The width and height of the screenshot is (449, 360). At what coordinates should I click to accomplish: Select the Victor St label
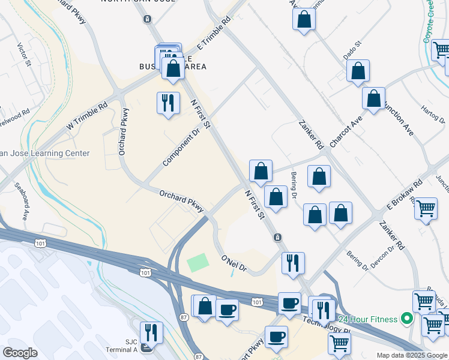[25, 55]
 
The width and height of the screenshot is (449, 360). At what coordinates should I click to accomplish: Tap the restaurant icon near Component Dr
[168, 103]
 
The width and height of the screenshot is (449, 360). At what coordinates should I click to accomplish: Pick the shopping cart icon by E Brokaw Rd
[426, 209]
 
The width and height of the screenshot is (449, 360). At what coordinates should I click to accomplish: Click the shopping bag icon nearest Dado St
[358, 71]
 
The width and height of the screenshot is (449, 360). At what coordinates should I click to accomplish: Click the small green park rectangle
[198, 262]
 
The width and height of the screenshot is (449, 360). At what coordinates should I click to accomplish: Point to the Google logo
[20, 353]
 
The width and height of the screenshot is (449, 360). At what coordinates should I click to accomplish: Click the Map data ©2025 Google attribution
[411, 355]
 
